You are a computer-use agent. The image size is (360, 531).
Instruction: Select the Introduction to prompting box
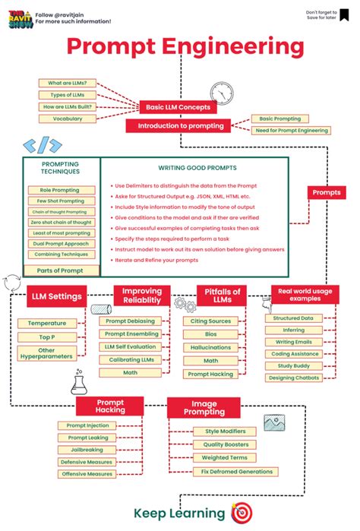pyautogui.click(x=176, y=126)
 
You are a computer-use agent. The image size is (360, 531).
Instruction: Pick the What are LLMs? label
pyautogui.click(x=67, y=83)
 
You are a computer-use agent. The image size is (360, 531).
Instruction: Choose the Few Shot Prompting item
pyautogui.click(x=59, y=201)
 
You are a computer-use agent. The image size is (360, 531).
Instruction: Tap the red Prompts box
pyautogui.click(x=327, y=193)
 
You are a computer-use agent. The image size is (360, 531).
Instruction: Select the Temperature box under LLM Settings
pyautogui.click(x=47, y=323)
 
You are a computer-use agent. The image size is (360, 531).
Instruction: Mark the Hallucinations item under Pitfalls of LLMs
pyautogui.click(x=210, y=347)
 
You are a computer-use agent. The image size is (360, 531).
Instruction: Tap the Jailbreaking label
pyautogui.click(x=87, y=450)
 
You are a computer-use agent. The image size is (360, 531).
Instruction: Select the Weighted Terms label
pyautogui.click(x=226, y=458)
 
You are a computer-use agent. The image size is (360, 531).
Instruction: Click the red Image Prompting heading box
pyautogui.click(x=204, y=409)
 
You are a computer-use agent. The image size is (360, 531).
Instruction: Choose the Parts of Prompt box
pyautogui.click(x=60, y=270)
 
